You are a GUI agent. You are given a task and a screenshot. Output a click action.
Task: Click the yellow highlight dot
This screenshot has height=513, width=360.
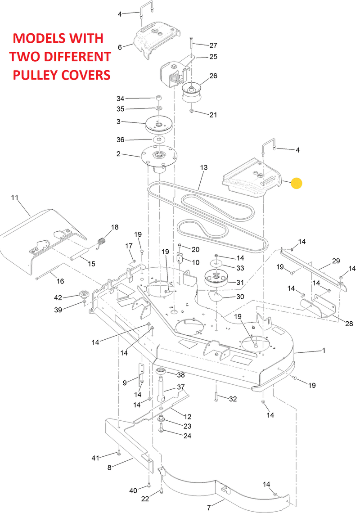(x=297, y=183)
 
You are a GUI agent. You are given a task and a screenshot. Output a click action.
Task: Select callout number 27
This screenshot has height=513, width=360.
(x=213, y=45)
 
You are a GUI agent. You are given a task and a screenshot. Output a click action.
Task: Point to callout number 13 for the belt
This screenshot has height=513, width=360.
(x=204, y=167)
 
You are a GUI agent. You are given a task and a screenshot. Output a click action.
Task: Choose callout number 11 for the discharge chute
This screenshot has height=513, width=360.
(x=15, y=197)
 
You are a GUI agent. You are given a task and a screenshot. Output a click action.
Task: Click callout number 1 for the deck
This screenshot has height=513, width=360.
(x=324, y=350)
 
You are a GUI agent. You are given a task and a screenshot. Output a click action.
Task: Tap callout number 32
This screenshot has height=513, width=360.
(x=233, y=399)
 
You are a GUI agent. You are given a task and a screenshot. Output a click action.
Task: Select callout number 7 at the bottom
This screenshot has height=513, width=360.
(x=208, y=508)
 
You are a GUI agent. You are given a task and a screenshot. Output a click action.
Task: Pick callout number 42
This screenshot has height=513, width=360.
(x=58, y=297)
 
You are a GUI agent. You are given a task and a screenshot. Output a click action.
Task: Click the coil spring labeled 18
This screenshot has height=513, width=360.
(x=102, y=242)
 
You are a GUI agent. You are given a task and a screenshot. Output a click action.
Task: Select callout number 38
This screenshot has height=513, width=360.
(x=180, y=375)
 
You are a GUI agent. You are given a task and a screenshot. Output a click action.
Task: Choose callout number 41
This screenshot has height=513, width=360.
(x=95, y=458)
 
